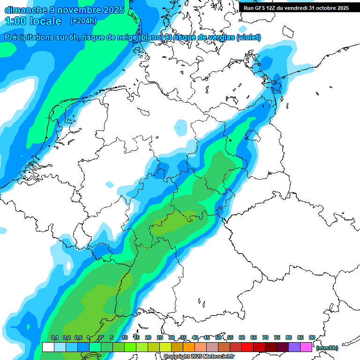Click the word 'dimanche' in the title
[x=26, y=9]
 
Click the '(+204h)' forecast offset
[x=83, y=21]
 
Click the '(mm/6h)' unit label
[x=327, y=348]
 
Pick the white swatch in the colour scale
[x=48, y=347]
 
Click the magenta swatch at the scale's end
[x=306, y=347]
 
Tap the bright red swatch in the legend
[x=247, y=347]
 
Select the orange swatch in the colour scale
[x=189, y=347]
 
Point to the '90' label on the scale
[x=312, y=337]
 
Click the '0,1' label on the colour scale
[x=54, y=337]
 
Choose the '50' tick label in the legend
[x=218, y=337]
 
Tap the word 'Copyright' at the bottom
[x=176, y=356]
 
